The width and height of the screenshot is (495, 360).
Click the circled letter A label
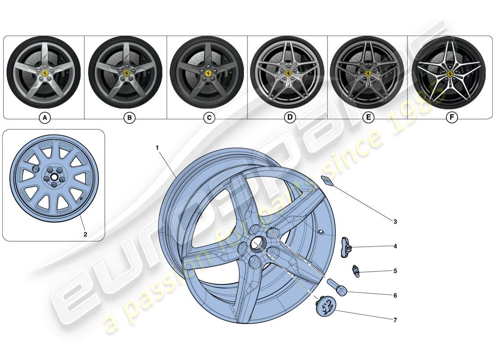[44, 118]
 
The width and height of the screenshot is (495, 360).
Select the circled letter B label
[129, 118]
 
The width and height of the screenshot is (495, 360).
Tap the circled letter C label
[209, 118]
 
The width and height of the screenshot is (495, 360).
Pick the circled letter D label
[290, 118]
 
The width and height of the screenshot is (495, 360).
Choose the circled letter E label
[369, 118]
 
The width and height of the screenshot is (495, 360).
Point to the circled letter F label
[451, 118]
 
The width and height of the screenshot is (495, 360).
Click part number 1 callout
[157, 148]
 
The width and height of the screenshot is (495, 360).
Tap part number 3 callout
[395, 221]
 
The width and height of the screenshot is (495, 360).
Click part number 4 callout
[395, 246]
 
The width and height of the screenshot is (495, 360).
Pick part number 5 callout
[395, 271]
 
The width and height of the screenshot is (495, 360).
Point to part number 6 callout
[395, 296]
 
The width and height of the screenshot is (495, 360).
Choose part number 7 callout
[395, 320]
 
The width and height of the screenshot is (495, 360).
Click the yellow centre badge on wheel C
[208, 74]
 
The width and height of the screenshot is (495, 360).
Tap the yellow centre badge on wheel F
[449, 73]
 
